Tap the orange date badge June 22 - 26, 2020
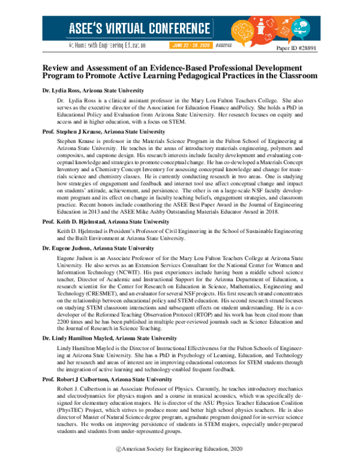coord(191,44)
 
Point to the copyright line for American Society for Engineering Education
coord(180,449)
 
